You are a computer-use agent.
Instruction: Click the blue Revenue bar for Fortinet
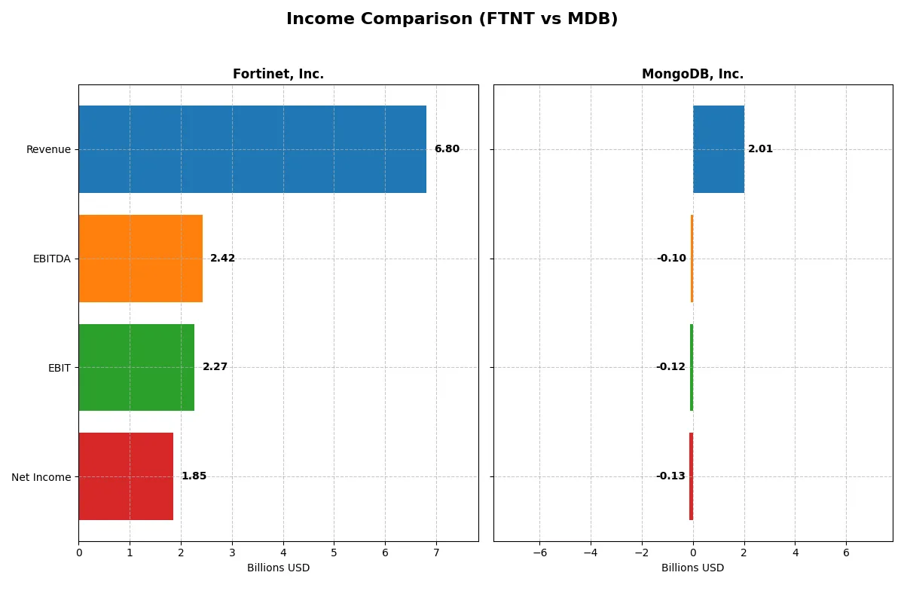click(252, 149)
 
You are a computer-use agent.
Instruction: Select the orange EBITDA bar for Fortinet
click(140, 259)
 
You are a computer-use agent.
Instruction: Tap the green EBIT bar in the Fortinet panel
click(136, 367)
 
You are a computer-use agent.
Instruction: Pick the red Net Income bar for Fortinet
click(126, 476)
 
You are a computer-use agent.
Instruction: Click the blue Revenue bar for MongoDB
click(719, 149)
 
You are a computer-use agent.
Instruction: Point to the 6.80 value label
click(447, 149)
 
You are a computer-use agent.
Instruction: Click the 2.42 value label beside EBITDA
click(222, 259)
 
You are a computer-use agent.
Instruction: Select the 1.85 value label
click(194, 476)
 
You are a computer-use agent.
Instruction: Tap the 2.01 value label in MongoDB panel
click(760, 149)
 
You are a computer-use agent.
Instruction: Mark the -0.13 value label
click(670, 476)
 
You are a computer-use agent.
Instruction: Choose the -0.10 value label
click(671, 259)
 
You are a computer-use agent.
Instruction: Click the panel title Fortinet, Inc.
click(278, 75)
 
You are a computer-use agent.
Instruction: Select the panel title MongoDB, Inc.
click(692, 75)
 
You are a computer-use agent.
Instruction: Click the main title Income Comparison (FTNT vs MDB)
click(452, 20)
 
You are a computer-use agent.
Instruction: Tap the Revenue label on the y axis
click(48, 149)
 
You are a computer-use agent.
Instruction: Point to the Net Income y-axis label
click(41, 476)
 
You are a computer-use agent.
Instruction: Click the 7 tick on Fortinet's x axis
click(436, 552)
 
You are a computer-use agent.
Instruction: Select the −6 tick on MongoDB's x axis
click(539, 552)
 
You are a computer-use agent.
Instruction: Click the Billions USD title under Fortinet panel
click(278, 568)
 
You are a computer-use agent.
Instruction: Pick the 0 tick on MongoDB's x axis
click(693, 552)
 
